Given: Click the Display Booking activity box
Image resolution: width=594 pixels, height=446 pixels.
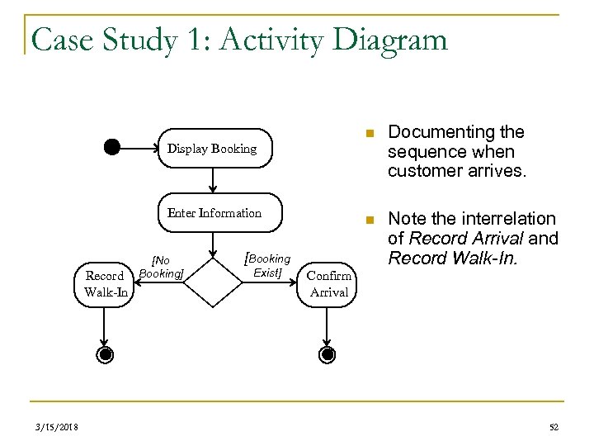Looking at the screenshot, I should click(213, 149).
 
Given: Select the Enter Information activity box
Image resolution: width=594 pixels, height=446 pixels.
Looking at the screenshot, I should click(214, 213).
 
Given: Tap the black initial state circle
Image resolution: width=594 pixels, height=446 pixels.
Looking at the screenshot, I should click(112, 148).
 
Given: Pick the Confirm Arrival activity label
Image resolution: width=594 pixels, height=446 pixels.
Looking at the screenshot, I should click(329, 283).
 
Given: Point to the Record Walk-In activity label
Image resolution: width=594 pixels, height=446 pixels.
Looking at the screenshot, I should click(105, 283).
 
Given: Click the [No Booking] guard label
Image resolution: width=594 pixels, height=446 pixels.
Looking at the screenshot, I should click(161, 268).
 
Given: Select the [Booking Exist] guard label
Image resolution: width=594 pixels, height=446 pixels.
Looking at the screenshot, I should click(267, 265).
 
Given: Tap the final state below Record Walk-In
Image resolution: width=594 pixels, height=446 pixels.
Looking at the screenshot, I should click(105, 355).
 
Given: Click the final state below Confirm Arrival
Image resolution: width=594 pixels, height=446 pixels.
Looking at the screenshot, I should click(328, 355).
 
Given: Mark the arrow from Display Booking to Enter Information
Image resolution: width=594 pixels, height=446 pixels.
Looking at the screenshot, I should click(213, 180).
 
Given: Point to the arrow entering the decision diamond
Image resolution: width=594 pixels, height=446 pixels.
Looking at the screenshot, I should click(213, 246).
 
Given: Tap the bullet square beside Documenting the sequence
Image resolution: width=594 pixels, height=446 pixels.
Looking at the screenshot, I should click(371, 134).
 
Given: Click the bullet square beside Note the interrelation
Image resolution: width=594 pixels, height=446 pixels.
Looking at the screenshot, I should click(371, 220).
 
